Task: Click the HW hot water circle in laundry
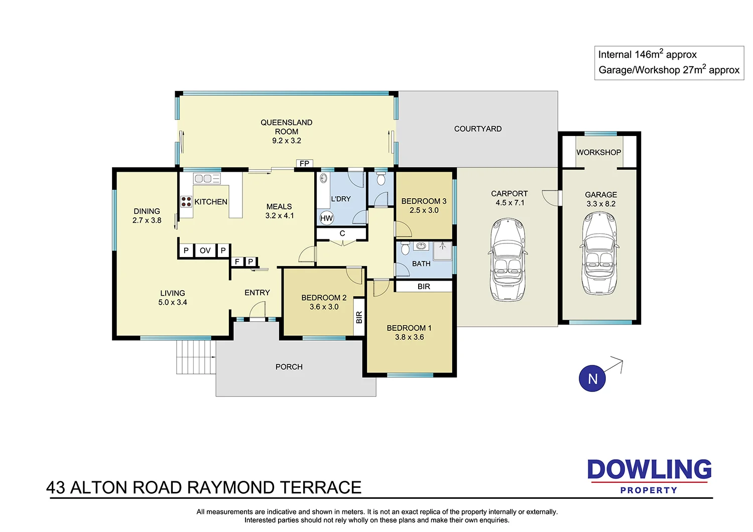(326, 218)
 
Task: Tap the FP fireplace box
(304, 164)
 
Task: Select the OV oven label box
(205, 250)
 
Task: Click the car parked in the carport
(509, 259)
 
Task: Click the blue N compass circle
(592, 378)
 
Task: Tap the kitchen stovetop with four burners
(186, 202)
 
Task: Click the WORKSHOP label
(598, 153)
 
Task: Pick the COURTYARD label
(477, 129)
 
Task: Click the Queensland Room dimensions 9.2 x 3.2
(287, 141)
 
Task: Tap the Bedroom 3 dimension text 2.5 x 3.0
(424, 210)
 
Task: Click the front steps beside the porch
(196, 357)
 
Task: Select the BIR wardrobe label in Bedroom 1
(424, 287)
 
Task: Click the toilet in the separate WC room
(381, 179)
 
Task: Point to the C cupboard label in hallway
(342, 233)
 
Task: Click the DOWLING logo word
(649, 470)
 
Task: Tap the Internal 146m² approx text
(647, 55)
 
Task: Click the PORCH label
(289, 367)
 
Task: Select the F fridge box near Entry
(237, 261)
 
